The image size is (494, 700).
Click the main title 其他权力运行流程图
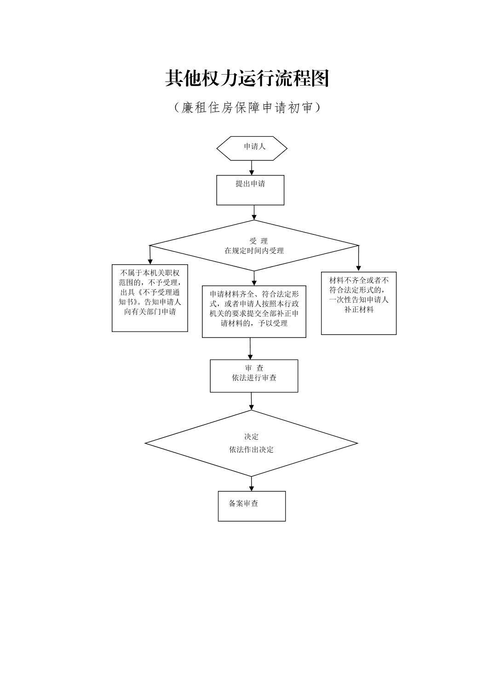point(247,79)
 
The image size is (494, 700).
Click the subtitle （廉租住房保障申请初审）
point(247,108)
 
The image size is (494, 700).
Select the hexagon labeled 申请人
point(252,148)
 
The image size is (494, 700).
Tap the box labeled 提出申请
point(250,190)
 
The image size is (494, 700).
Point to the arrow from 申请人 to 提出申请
point(252,168)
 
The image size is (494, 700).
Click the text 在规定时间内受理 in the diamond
point(254,251)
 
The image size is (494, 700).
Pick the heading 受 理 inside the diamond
point(258,241)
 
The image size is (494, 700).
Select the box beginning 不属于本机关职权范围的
point(150,297)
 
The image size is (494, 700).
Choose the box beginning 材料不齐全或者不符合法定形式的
point(359,303)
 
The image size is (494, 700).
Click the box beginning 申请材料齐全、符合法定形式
point(254,311)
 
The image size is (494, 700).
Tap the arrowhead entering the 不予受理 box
point(150,262)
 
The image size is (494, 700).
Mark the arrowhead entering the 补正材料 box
point(359,268)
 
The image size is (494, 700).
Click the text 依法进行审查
point(254,378)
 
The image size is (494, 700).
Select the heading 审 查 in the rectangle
point(254,368)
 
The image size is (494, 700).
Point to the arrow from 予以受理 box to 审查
point(250,349)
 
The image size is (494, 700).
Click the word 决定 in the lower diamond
point(251,437)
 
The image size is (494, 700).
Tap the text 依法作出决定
point(251,449)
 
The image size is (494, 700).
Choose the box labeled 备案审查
point(252,506)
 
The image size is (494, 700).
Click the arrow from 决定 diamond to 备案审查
point(252,484)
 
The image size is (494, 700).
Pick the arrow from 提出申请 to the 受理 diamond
point(254,212)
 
